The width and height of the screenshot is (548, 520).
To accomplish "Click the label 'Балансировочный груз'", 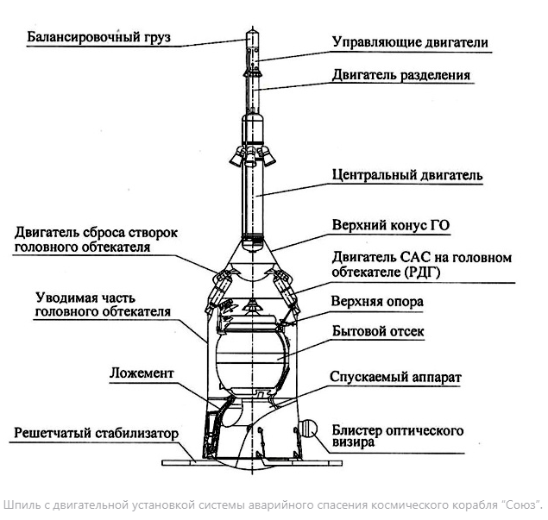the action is pyautogui.click(x=98, y=37).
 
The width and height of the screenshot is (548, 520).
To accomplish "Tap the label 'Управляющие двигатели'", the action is pyautogui.click(x=410, y=42).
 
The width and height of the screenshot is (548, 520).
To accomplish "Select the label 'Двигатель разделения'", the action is pyautogui.click(x=401, y=75).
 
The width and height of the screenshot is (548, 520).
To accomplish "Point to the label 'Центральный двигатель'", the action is pyautogui.click(x=407, y=175).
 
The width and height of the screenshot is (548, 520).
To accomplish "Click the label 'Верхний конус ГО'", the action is pyautogui.click(x=391, y=225).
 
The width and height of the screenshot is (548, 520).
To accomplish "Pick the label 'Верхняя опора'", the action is pyautogui.click(x=377, y=301).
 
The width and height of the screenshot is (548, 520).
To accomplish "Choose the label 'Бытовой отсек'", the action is pyautogui.click(x=378, y=331).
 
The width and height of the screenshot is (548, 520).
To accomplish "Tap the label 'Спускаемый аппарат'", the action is pyautogui.click(x=395, y=378).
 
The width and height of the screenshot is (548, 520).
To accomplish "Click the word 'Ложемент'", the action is pyautogui.click(x=142, y=373).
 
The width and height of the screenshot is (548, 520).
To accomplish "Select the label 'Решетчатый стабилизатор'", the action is pyautogui.click(x=96, y=433).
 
